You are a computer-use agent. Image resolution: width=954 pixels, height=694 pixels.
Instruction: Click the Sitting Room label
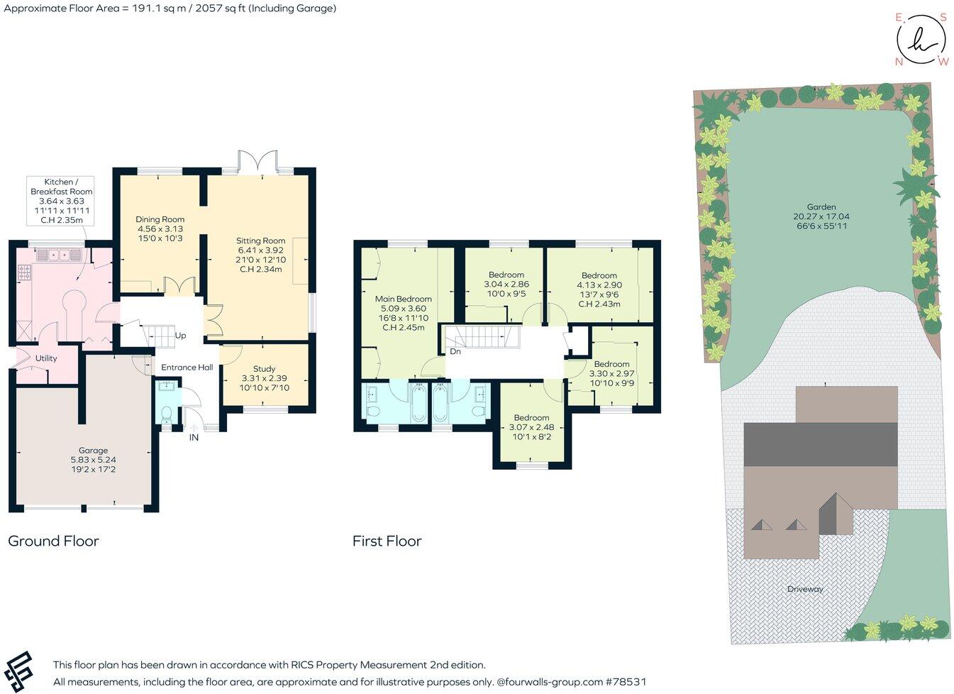(x=261, y=241)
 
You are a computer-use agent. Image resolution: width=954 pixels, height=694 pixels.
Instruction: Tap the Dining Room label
(x=160, y=219)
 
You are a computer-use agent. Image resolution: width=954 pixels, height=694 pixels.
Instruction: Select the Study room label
(x=264, y=369)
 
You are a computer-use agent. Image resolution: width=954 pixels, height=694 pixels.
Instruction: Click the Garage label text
(x=93, y=451)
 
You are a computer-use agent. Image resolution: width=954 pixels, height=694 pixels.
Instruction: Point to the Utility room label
(x=46, y=358)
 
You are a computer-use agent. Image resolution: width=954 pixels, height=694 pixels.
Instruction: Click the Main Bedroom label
(x=403, y=299)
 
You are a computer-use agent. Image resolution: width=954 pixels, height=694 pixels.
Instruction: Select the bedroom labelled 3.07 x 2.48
(x=531, y=418)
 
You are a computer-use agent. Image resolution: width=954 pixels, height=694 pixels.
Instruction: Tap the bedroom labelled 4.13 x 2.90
(x=599, y=275)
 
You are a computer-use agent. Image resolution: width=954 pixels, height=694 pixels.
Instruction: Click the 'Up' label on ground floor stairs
(x=181, y=336)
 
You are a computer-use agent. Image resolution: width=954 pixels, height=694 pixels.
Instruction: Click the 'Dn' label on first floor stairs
(x=455, y=351)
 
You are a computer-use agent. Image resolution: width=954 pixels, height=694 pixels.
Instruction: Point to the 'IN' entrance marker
(x=194, y=438)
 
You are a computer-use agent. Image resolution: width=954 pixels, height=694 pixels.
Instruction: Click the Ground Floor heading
(x=53, y=541)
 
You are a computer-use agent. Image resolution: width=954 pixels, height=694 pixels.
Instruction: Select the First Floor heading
(x=387, y=541)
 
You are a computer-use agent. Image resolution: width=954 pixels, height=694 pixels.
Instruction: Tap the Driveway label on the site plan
(x=805, y=589)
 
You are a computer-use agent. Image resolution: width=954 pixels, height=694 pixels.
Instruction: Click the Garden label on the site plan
(x=821, y=207)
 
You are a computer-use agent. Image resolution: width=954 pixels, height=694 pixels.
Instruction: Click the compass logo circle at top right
(x=921, y=38)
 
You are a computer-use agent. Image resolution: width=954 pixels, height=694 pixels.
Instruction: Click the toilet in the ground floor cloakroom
(x=167, y=415)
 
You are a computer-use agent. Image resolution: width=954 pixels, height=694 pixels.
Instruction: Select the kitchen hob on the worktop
(x=25, y=270)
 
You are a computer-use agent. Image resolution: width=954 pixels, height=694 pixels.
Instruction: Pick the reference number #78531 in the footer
(x=626, y=682)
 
